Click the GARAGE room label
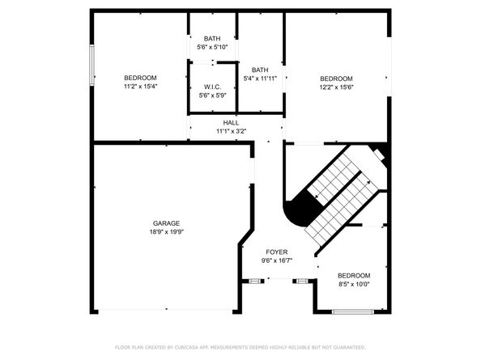coord(166,223)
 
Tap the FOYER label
coord(277,252)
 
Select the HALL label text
coord(231,123)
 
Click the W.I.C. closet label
coord(212,87)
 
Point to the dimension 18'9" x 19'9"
coord(167,232)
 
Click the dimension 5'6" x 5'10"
coord(212,47)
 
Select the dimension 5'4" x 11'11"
coord(260,78)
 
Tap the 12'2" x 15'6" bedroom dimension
coord(337,87)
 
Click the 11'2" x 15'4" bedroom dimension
coord(141,87)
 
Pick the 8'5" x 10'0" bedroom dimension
coord(354,284)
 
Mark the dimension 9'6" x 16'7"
coord(277,260)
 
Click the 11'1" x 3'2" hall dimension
coord(232,131)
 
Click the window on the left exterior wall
coord(92,65)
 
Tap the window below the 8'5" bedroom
coord(353,312)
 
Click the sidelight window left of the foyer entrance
coord(254,281)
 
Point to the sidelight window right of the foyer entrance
coord(302,281)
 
